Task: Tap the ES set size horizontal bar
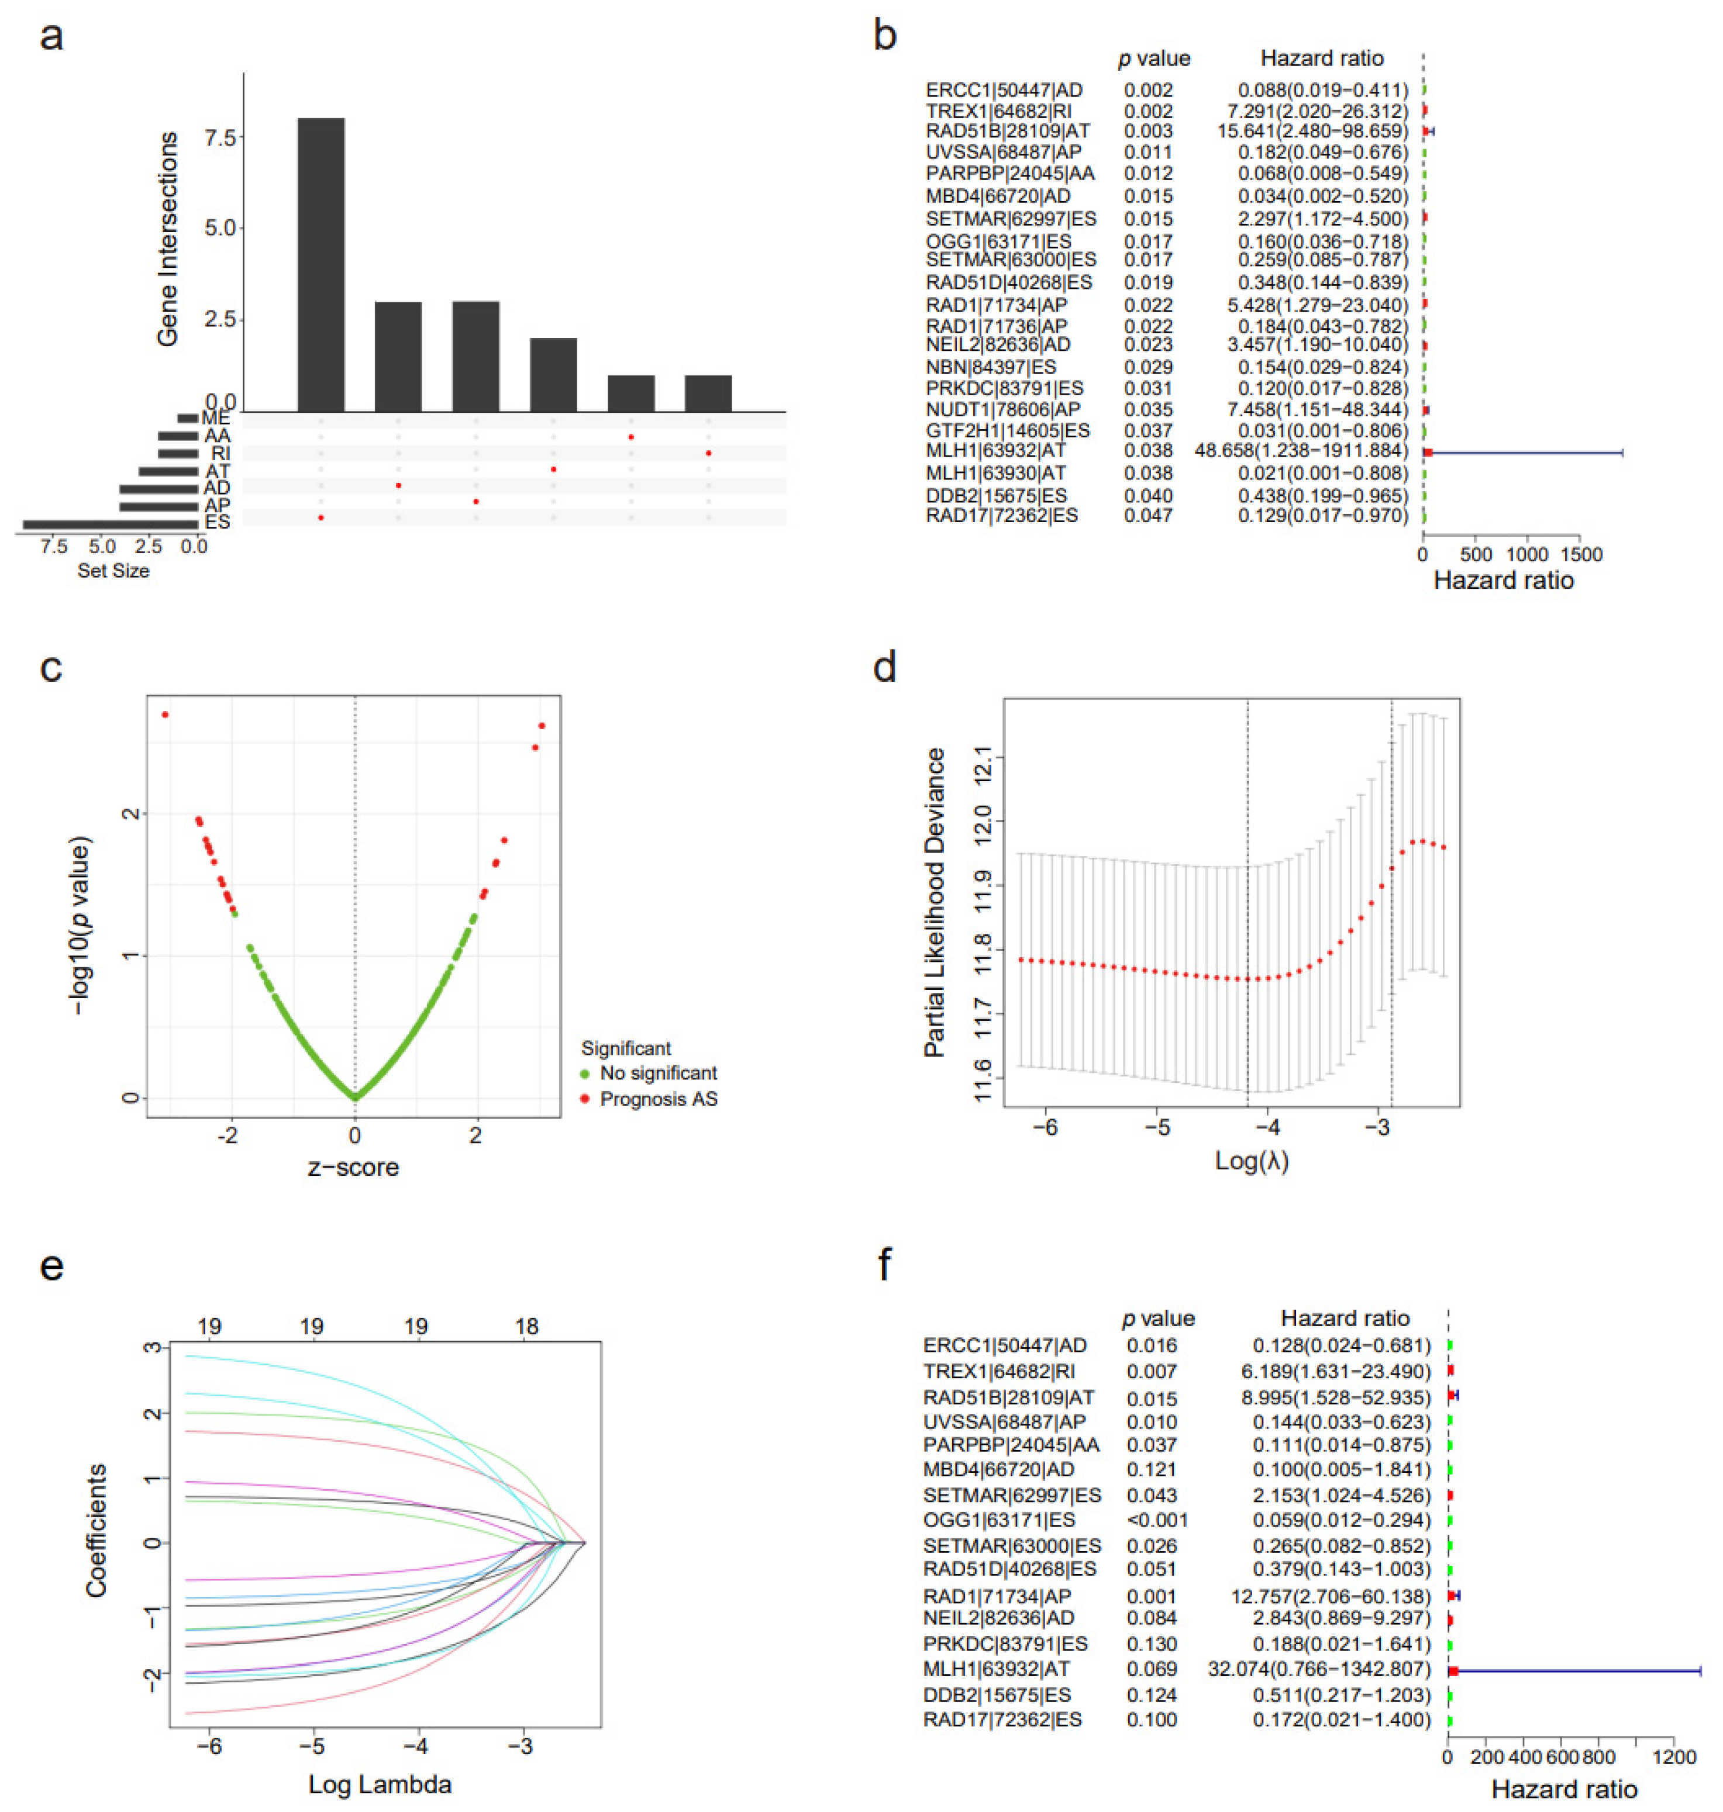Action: click(110, 523)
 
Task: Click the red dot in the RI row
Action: click(708, 453)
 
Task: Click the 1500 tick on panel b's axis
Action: click(1580, 555)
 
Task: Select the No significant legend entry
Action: click(657, 1073)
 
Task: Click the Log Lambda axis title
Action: click(380, 1785)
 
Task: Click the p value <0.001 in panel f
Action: click(1157, 1520)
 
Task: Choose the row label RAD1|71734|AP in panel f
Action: click(997, 1596)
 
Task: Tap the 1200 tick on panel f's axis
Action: click(1674, 1757)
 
